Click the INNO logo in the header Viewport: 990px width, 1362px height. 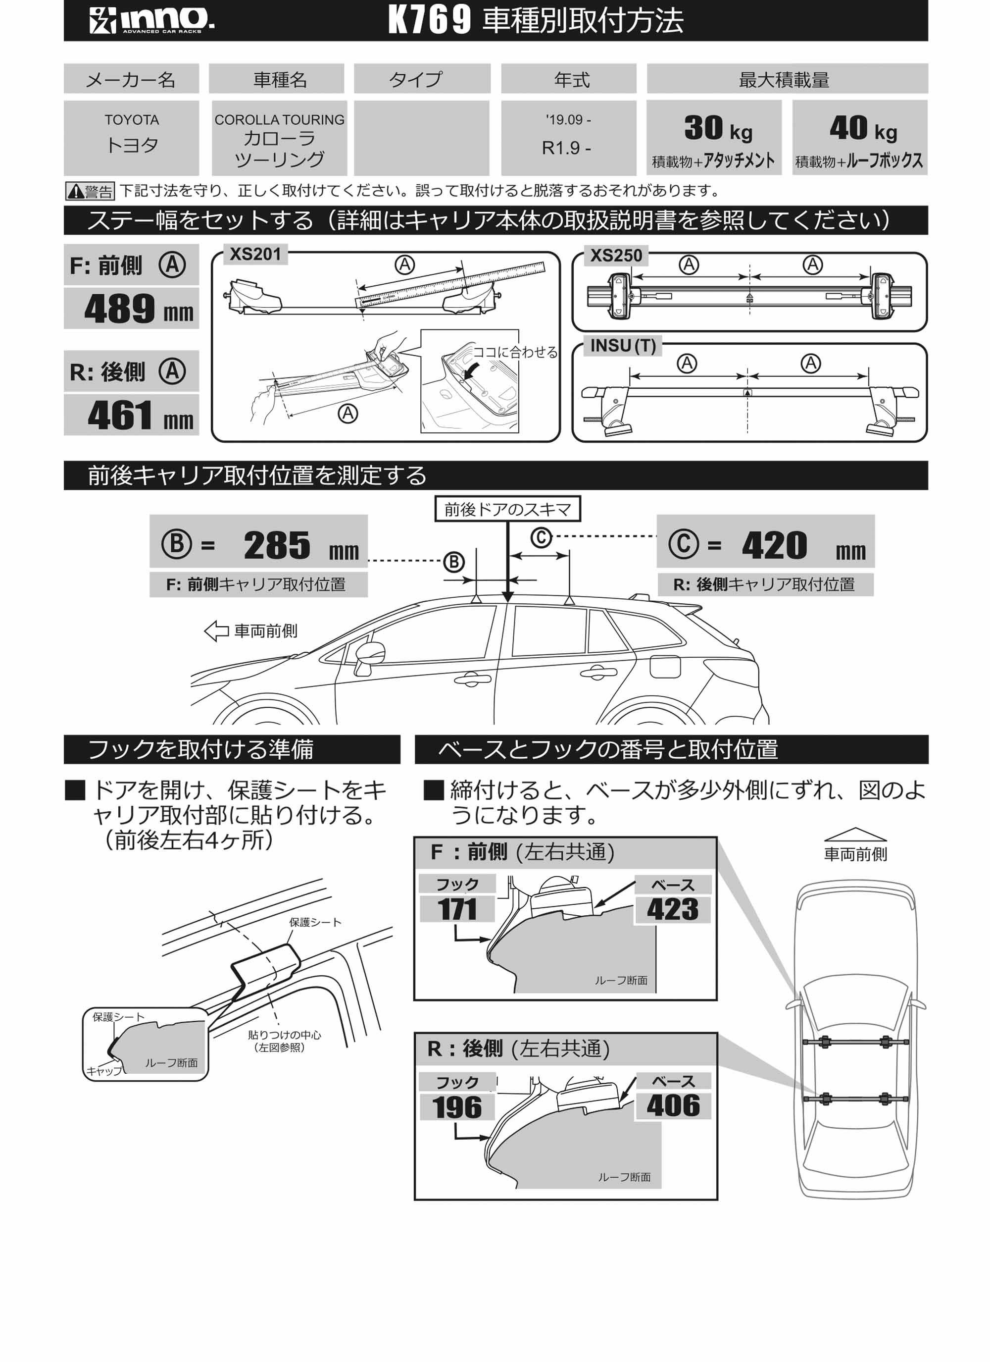151,20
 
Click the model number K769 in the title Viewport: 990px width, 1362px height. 429,20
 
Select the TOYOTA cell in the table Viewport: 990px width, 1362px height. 132,137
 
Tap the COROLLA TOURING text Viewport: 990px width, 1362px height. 279,120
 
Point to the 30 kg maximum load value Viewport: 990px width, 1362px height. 717,129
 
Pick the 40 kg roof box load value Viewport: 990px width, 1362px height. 863,129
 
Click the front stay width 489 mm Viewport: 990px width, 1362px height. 138,309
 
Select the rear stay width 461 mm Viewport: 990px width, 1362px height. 140,416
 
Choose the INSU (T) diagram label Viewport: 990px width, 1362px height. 623,346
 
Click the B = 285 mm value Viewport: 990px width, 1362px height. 276,545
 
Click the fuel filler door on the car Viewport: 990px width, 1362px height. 665,667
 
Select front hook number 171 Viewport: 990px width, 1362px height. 457,909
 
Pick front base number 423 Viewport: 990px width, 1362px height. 672,909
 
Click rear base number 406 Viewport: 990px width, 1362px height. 673,1105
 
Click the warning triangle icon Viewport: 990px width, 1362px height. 76,192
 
